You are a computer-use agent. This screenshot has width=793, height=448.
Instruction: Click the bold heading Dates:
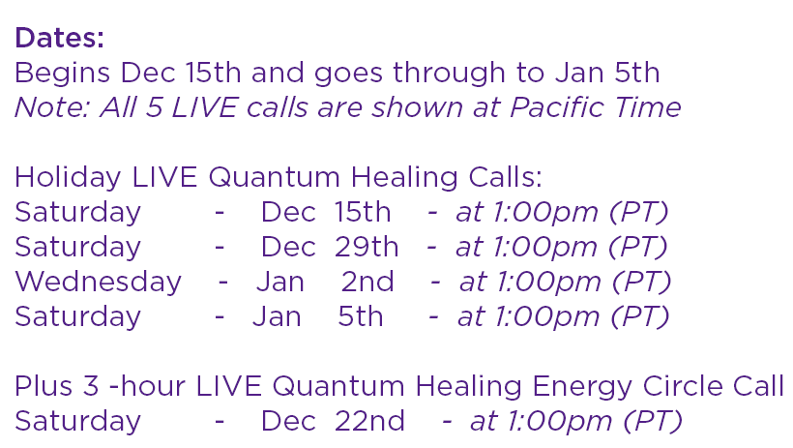[59, 38]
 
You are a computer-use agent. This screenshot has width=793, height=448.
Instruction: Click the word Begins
[62, 74]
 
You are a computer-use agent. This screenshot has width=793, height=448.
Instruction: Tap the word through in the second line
[449, 74]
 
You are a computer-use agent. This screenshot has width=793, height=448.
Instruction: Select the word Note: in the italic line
[52, 107]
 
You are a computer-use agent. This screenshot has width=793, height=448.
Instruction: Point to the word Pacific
[557, 107]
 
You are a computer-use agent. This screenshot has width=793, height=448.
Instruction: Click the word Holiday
[68, 179]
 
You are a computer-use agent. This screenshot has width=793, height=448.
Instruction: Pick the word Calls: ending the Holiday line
[505, 178]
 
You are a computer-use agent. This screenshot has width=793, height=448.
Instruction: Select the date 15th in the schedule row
[362, 212]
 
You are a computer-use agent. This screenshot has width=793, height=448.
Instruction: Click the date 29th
[367, 247]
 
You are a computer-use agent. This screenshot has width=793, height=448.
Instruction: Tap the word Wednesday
[98, 283]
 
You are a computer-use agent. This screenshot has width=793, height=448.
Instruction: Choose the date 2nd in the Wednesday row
[367, 282]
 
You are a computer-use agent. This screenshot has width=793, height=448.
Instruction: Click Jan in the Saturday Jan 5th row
[277, 316]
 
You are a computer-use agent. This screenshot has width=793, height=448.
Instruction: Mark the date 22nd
[369, 421]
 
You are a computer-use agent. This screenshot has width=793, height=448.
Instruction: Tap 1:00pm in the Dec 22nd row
[559, 422]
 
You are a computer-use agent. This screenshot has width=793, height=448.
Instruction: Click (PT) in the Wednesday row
[641, 282]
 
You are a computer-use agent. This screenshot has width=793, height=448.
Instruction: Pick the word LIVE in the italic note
[204, 107]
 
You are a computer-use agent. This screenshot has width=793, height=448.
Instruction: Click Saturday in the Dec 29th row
[78, 248]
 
